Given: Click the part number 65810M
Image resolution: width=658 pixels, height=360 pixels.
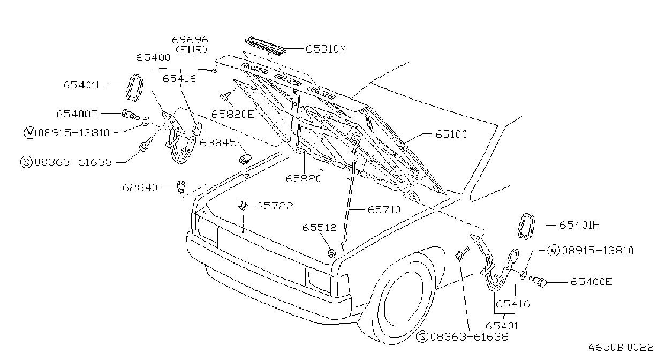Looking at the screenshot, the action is click(326, 49).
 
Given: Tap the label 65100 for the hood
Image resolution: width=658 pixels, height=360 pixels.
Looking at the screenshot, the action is click(451, 134).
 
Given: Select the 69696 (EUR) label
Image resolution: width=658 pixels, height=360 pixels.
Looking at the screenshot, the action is click(190, 44).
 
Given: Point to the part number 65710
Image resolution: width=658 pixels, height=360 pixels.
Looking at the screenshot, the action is click(384, 210).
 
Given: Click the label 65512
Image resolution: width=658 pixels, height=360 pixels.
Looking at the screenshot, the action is click(319, 228).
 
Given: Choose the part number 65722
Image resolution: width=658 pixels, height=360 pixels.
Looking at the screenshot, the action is click(275, 206).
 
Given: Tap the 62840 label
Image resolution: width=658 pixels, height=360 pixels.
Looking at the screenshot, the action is click(140, 187).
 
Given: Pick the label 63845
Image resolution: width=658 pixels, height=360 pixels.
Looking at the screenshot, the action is click(218, 143).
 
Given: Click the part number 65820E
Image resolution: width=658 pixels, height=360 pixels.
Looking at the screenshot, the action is click(233, 114).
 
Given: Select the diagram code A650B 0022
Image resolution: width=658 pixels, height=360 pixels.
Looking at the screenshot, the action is click(621, 347).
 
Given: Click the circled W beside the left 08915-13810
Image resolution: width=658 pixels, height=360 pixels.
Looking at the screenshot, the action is click(29, 132).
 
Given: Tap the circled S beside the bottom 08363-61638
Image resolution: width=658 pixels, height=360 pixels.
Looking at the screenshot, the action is click(422, 336).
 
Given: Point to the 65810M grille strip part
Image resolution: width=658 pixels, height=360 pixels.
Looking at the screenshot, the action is click(266, 46).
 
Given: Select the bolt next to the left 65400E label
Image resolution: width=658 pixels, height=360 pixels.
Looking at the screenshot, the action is click(131, 115).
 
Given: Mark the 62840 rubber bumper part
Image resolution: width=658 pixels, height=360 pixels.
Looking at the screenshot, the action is click(181, 187).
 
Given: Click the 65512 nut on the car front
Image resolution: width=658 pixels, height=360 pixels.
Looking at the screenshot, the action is click(331, 253).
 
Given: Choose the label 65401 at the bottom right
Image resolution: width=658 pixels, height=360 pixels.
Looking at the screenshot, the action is click(502, 326).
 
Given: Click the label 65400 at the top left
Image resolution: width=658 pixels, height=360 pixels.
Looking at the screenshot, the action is click(153, 58).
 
